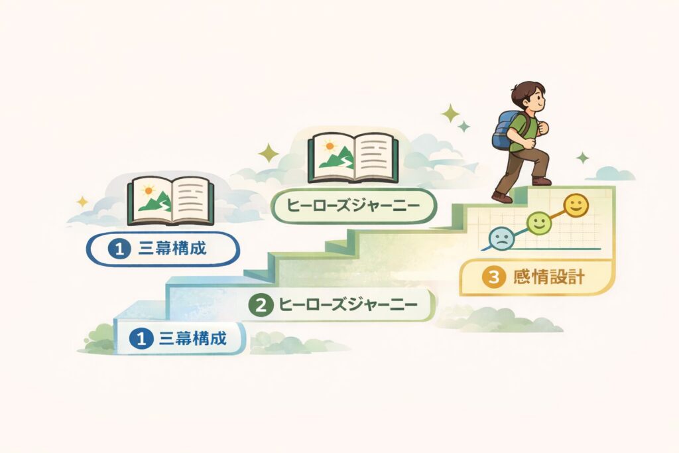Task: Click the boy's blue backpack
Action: (x=507, y=131)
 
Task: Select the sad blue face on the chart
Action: (x=502, y=238)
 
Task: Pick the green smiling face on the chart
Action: (x=538, y=223)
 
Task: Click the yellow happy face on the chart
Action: (x=576, y=206)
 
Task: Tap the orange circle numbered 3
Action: (x=493, y=277)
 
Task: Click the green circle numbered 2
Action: (x=261, y=305)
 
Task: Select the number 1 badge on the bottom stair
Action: (x=141, y=338)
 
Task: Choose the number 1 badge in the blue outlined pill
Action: (x=119, y=249)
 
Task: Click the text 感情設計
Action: (x=548, y=277)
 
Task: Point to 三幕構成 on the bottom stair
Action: (x=193, y=338)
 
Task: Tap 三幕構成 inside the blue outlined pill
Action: (x=172, y=249)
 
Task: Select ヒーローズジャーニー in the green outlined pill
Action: (x=353, y=206)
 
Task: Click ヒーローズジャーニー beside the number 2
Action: (x=347, y=305)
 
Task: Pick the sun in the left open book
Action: (x=149, y=190)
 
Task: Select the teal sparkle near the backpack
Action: (x=463, y=126)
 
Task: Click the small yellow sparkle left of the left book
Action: (x=82, y=202)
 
